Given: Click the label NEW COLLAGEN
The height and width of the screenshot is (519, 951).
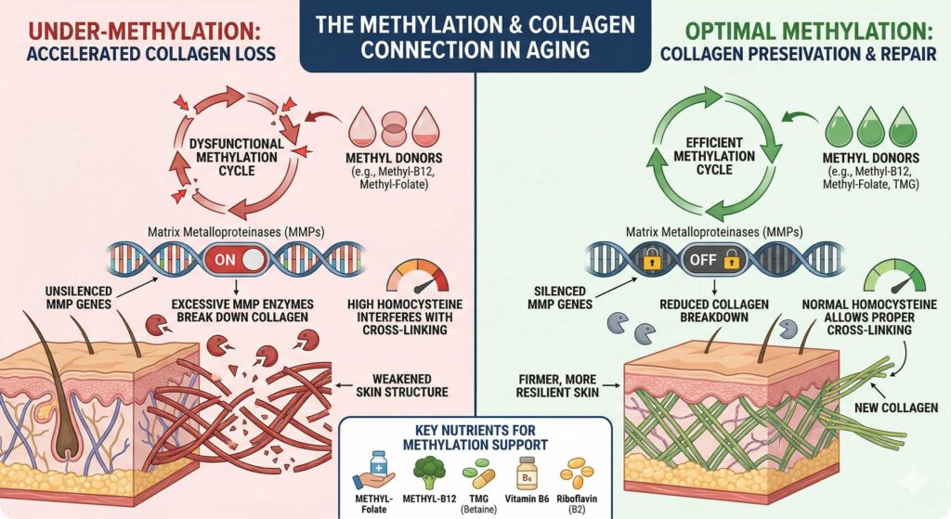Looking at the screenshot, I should point(904,407).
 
